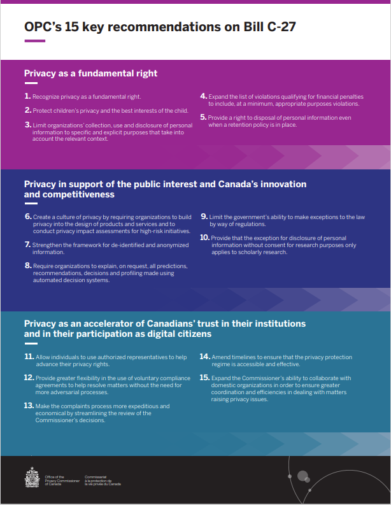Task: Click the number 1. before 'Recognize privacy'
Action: [x=27, y=96]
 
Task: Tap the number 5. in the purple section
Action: [x=203, y=117]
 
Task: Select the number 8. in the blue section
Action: [x=28, y=264]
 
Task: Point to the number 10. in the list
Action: [x=204, y=237]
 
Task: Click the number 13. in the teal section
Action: [x=29, y=405]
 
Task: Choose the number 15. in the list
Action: [x=204, y=377]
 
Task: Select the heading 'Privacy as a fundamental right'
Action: [x=90, y=73]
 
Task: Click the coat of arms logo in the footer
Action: [x=32, y=477]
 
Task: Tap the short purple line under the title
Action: [x=34, y=41]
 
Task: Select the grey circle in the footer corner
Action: [x=303, y=476]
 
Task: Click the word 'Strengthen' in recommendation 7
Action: [x=46, y=245]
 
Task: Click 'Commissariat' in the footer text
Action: [x=95, y=476]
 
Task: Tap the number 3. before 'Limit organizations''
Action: [x=28, y=125]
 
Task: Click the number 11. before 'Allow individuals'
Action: [x=29, y=357]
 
